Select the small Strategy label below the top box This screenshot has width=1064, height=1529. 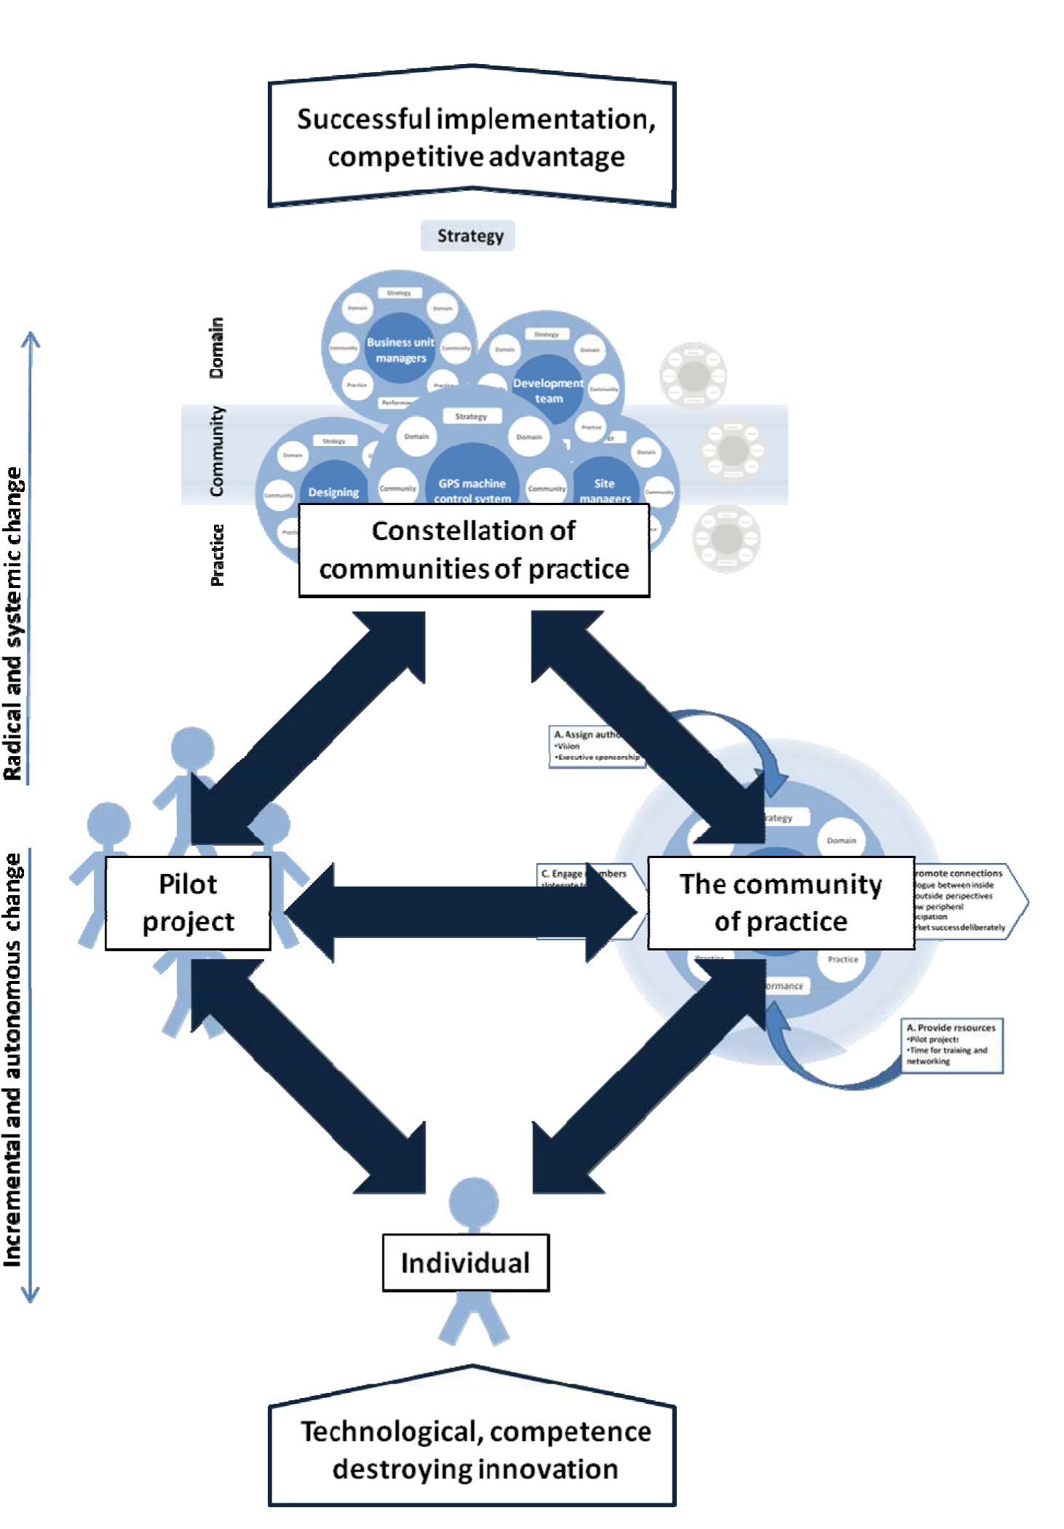tap(469, 236)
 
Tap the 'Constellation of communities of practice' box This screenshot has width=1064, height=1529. tap(474, 550)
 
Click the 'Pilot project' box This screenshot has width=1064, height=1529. tap(188, 902)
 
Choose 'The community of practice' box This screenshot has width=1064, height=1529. tap(780, 902)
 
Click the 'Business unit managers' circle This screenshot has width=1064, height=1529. tap(400, 350)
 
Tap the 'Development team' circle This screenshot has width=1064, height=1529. tap(548, 390)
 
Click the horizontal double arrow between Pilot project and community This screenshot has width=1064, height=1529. tap(460, 912)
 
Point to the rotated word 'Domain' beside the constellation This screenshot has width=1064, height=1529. tap(217, 348)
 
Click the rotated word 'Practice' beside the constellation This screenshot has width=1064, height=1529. tap(217, 555)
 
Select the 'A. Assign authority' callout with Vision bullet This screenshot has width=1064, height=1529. tap(595, 746)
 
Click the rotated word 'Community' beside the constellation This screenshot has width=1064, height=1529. tap(217, 452)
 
